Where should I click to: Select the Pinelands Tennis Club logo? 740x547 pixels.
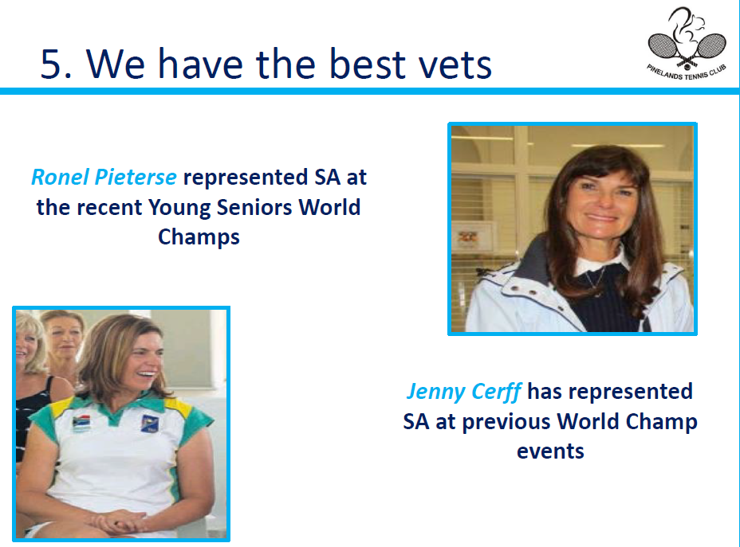click(x=687, y=43)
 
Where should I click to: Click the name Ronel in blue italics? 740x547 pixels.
click(x=60, y=177)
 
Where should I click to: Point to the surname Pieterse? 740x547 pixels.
click(x=136, y=177)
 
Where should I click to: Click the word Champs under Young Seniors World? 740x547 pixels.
click(x=199, y=237)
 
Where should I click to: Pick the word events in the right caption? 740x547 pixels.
click(x=550, y=451)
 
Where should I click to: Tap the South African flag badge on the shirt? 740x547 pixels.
click(x=81, y=423)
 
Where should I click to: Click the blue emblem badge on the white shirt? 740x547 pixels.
click(x=150, y=423)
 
